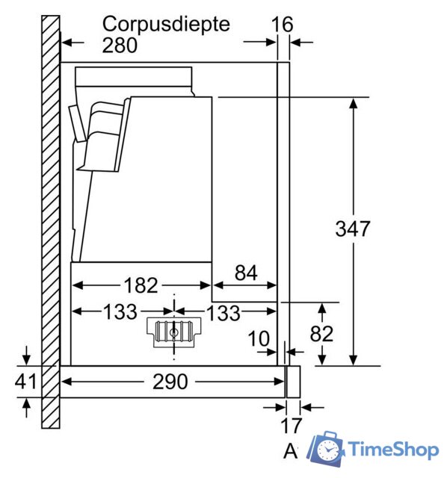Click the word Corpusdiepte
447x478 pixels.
[166, 25]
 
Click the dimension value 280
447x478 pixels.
[120, 46]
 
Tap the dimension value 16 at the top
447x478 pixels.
[283, 25]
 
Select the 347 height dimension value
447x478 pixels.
[352, 229]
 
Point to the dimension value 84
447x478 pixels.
[246, 273]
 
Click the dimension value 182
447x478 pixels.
[141, 285]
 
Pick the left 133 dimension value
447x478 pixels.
[120, 312]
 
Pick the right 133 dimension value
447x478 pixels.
[223, 313]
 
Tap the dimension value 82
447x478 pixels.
[321, 334]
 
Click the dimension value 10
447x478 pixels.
[259, 338]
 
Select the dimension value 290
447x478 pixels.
[170, 382]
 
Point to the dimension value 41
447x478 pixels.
[25, 381]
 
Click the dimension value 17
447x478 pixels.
[291, 426]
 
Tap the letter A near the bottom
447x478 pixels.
[291, 451]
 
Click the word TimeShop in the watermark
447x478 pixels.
[394, 450]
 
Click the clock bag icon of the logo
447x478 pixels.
[326, 449]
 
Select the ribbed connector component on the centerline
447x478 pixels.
[174, 332]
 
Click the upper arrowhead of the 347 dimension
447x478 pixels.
[354, 104]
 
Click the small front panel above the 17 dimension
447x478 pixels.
[294, 382]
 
